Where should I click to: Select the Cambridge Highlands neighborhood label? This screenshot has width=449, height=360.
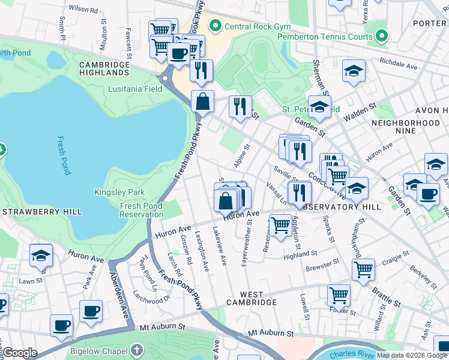[x=104, y=68]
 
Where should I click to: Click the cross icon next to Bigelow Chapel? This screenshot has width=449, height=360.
[x=137, y=349]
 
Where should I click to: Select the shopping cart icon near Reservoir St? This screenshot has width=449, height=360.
[x=280, y=226]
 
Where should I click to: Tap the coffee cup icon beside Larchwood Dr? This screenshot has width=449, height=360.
[x=91, y=311]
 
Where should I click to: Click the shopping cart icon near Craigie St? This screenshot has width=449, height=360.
[x=363, y=270]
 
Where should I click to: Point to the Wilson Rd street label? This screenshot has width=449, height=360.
[x=83, y=10]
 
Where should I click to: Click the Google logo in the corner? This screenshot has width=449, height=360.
[x=20, y=353]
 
